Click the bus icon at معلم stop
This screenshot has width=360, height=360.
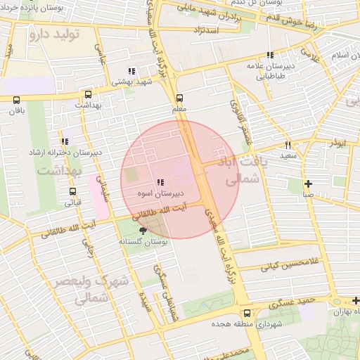coord(179,98)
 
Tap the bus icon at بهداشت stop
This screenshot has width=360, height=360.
coord(88,94)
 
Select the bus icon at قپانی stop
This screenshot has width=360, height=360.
coord(73,191)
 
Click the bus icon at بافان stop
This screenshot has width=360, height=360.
coord(17,101)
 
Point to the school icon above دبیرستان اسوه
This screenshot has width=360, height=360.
coord(160,181)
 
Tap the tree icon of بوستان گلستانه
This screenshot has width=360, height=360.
coord(143,231)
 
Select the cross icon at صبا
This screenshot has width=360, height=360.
coord(308,184)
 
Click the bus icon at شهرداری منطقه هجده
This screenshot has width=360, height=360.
coord(246,314)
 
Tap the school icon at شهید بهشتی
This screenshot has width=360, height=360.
coord(131,71)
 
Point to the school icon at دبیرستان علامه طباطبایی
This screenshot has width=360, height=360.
coord(270,56)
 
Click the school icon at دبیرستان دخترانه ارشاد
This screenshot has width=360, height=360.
coord(65,142)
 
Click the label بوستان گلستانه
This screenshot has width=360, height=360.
coord(152,242)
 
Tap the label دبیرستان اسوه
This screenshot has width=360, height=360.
coord(160,192)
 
